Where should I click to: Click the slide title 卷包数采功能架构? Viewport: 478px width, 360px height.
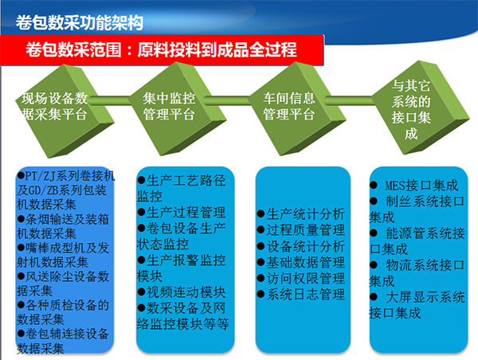tap(79, 22)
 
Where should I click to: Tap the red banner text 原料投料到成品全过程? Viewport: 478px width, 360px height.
tap(217, 49)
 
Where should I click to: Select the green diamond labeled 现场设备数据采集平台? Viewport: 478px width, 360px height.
tap(65, 111)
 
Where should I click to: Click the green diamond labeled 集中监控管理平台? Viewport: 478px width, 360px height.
tap(178, 109)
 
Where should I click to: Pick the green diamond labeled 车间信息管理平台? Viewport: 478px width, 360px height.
tap(298, 109)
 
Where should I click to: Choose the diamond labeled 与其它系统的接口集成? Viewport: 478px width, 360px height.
tap(421, 108)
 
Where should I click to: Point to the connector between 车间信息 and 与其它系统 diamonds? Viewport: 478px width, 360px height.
tap(348, 100)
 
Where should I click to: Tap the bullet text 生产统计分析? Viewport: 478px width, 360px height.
tap(305, 214)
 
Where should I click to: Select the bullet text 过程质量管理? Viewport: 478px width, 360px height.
tap(305, 230)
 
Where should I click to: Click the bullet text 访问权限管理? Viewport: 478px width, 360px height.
tap(305, 278)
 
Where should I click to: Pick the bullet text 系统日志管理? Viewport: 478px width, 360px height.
tap(305, 295)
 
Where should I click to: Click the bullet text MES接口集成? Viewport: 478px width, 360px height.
tap(421, 186)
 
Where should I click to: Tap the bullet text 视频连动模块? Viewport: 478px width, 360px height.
tap(186, 292)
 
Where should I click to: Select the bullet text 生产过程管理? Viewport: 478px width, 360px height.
tap(186, 212)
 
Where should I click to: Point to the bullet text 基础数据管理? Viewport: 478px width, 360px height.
tap(305, 262)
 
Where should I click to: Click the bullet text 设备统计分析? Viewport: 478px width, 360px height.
tap(305, 246)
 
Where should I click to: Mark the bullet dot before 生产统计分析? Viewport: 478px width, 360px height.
tap(261, 213)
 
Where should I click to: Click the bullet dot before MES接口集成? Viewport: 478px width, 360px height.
tap(374, 185)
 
